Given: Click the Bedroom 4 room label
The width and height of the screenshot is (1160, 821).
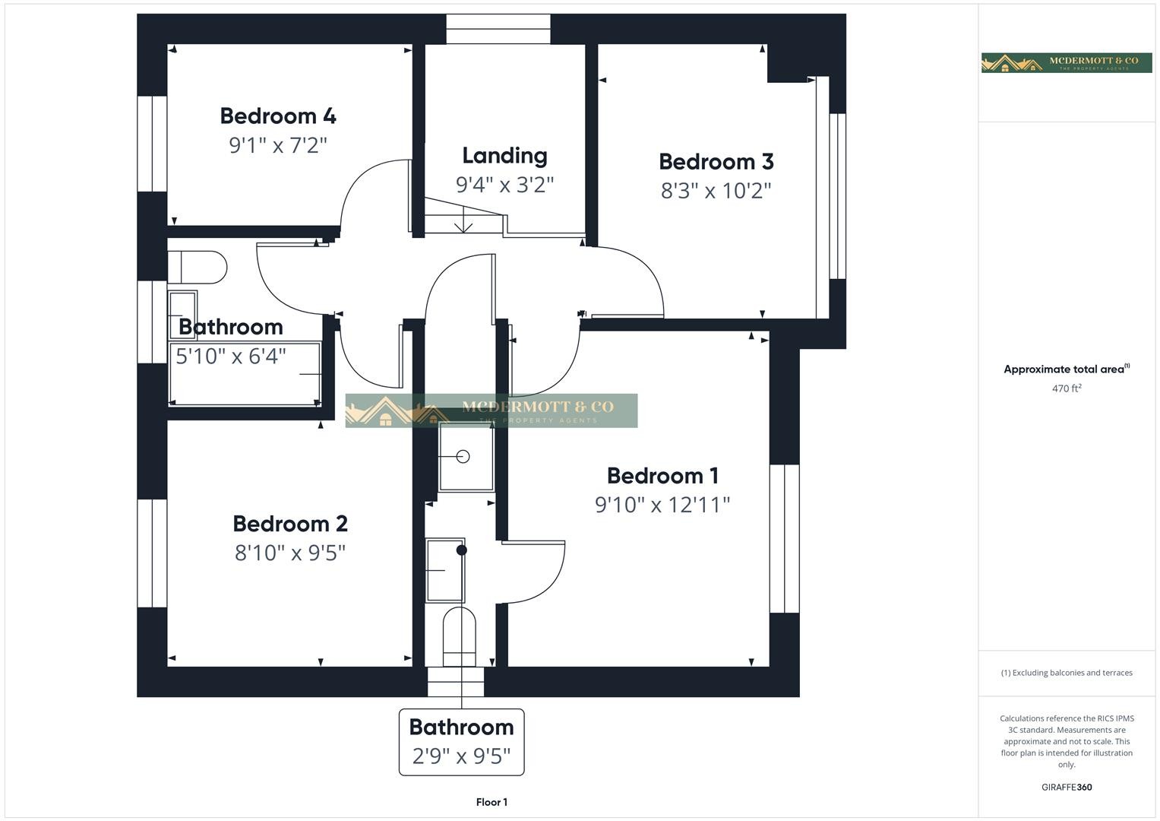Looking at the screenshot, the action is point(278,116).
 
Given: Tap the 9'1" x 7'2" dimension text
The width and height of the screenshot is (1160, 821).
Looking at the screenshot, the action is point(278,145).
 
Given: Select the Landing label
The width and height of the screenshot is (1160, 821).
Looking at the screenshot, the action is point(504,156).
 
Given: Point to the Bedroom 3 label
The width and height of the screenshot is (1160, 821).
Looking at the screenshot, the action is point(716,162).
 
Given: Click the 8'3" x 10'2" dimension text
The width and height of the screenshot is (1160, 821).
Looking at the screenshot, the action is point(716,191).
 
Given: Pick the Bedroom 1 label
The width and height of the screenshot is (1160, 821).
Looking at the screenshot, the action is point(662,476).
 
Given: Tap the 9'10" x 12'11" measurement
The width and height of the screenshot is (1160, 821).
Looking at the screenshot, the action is point(662,505).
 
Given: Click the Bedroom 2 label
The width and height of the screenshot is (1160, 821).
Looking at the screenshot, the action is point(290,524).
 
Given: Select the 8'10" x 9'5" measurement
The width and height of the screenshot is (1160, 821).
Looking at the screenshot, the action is point(290,553).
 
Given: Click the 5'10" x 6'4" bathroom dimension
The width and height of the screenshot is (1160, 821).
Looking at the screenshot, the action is point(231,357).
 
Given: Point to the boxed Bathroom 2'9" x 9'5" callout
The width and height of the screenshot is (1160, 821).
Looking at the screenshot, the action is point(461,742).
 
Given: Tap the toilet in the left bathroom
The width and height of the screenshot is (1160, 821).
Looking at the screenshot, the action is point(197,268).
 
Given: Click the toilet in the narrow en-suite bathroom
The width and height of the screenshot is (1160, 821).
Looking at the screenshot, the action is point(460,637).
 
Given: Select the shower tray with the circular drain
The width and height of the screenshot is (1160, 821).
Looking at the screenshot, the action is point(466,457).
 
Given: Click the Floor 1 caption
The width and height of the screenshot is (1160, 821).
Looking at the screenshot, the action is point(491,802).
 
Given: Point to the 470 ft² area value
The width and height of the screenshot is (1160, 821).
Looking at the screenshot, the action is point(1067,388).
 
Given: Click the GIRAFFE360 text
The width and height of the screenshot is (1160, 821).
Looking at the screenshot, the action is point(1067,787).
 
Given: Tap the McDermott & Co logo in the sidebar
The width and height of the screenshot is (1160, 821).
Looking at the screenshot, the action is point(1067,62).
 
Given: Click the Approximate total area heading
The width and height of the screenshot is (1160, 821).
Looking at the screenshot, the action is point(1067,369).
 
